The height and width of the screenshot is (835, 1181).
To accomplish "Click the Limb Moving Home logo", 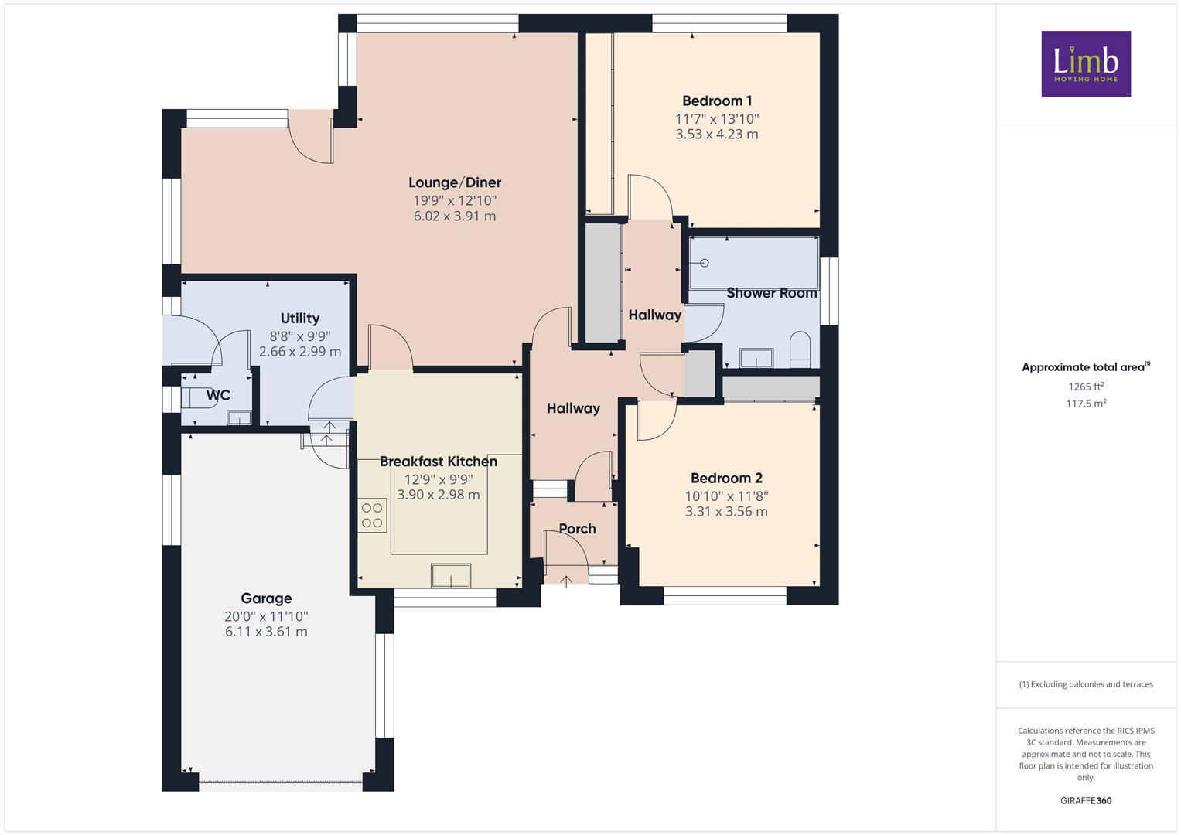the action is pos(1086,63).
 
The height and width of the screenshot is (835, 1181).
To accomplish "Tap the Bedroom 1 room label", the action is pos(717,101).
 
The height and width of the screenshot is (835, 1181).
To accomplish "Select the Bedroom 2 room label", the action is pos(726,478).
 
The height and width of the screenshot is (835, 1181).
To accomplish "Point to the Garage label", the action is pos(266,598).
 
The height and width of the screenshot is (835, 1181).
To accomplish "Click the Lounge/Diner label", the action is pos(455,182).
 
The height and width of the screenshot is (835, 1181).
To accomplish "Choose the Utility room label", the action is pos(300,319).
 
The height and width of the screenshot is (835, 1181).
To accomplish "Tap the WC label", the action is pos(218,395).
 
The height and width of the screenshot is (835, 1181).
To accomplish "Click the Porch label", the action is pos(577,529).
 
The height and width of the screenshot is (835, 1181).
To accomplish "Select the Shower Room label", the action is pos(772,293).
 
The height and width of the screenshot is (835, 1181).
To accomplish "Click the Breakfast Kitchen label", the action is pos(439,462).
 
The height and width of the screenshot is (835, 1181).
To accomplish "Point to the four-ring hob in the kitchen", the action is pos(372,516).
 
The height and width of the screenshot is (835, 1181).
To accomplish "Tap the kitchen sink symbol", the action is pos(451,575).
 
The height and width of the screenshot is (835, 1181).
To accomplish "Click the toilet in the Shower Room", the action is pos(800,349).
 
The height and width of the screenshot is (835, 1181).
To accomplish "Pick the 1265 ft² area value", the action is pos(1086,387).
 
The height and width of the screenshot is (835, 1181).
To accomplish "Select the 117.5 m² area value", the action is pos(1086,404).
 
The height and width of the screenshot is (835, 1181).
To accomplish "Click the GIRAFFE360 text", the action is pos(1086,800).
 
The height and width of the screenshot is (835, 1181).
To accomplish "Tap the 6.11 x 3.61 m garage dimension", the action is pos(266,632).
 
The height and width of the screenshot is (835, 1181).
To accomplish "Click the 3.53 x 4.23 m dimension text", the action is pos(717,134).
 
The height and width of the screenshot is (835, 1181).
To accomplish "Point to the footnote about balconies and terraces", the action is pos(1086,684).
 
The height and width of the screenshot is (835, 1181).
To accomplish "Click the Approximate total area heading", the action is pos(1086,367).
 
